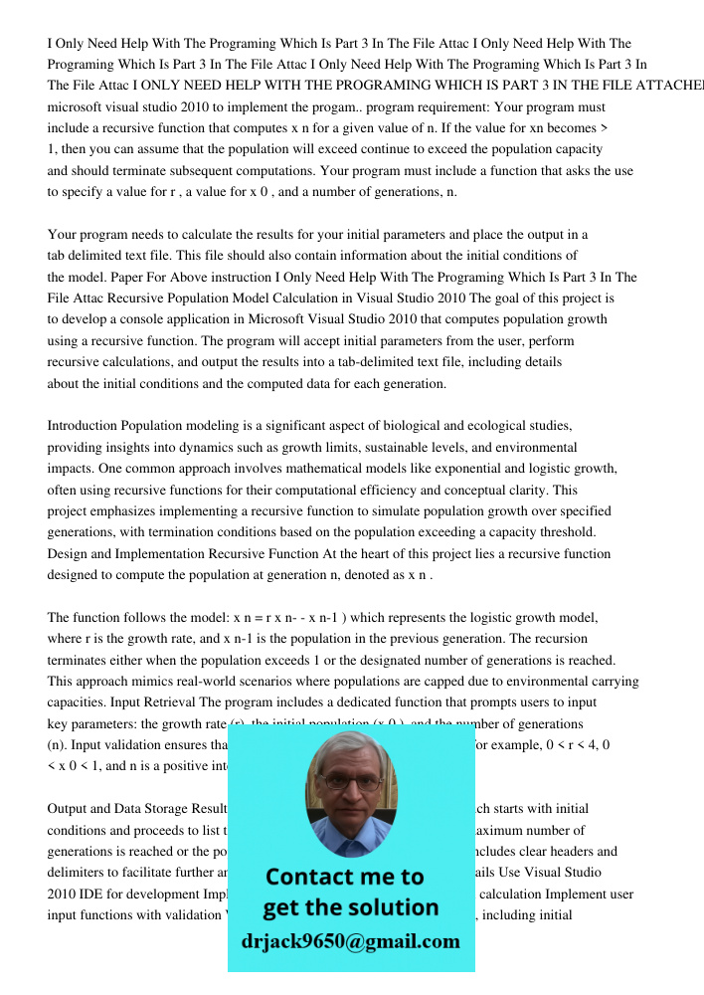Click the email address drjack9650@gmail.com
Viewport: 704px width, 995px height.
click(351, 941)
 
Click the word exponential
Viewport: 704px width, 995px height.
click(466, 469)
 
